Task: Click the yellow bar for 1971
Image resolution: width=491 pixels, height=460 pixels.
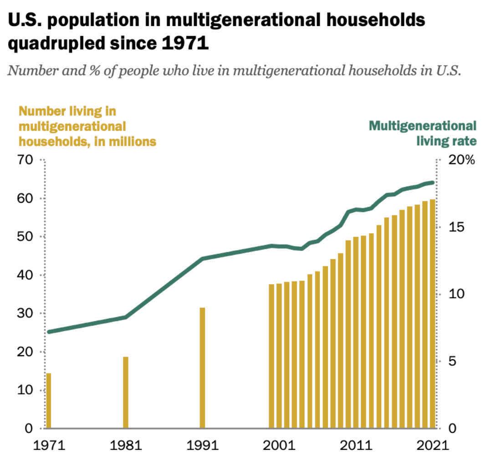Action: (48, 401)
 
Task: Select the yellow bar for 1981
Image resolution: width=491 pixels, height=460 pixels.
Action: (126, 393)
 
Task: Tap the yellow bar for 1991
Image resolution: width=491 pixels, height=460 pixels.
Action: (203, 368)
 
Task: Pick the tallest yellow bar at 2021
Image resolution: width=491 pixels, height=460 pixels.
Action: (432, 314)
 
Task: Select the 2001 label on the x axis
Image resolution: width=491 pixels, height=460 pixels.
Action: (278, 445)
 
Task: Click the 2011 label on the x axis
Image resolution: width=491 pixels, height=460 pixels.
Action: (356, 445)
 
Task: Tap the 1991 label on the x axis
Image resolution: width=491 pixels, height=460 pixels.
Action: (203, 445)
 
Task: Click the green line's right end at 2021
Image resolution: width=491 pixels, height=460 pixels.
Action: (432, 183)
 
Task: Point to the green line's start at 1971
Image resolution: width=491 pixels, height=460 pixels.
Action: (49, 332)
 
